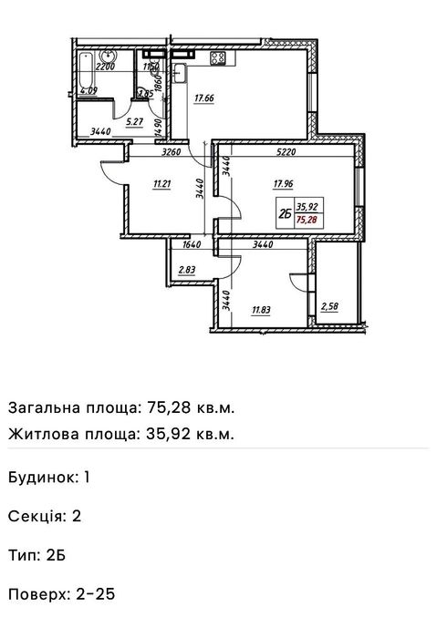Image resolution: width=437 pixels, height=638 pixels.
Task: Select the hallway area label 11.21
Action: coord(162,183)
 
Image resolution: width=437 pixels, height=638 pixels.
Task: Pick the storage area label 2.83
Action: coord(187,270)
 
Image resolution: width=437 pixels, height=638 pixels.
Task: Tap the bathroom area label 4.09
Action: coord(88,91)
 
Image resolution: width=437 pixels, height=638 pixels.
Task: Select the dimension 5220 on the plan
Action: coord(288,153)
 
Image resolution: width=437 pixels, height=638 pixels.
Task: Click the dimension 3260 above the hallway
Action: coord(170,153)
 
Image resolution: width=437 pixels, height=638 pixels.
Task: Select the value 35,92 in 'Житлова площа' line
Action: coord(172,434)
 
